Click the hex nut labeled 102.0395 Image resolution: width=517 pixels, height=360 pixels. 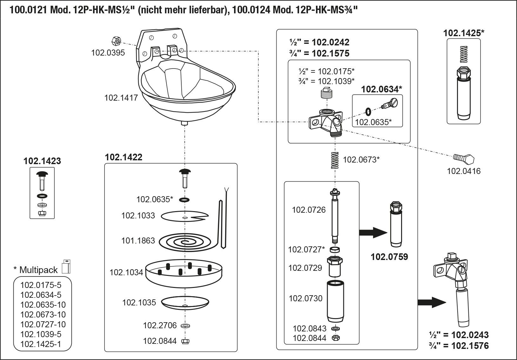(116, 41)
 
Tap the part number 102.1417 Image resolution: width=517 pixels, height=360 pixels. (121, 98)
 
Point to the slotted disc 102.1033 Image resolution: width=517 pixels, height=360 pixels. (184, 217)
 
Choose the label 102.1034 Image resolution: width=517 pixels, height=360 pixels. (126, 272)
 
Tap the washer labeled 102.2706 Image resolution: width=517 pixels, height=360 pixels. (185, 326)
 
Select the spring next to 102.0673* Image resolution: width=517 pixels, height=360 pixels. (334, 161)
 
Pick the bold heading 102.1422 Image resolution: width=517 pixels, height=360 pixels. (124, 157)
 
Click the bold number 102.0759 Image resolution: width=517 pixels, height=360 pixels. (389, 257)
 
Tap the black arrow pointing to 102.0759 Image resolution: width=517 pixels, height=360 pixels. (373, 232)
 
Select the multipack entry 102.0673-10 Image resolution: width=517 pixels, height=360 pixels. (43, 315)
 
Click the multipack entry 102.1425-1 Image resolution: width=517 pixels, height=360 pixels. (41, 344)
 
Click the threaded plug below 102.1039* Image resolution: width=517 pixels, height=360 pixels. (326, 94)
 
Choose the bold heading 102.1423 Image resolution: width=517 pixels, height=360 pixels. (42, 161)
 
